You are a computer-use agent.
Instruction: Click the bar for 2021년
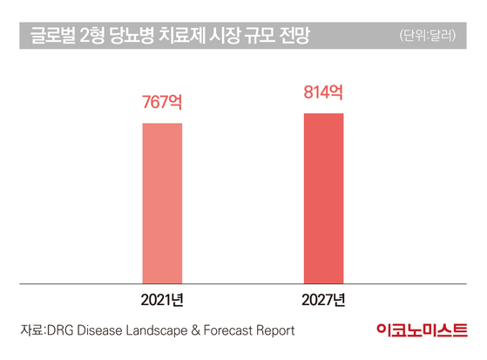(162, 203)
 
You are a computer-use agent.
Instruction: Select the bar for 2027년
(323, 199)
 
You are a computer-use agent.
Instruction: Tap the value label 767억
(162, 102)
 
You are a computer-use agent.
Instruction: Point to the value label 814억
(323, 92)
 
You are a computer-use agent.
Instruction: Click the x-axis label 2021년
(162, 300)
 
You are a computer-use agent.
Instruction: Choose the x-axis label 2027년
(323, 300)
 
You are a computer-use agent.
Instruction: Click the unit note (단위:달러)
(428, 36)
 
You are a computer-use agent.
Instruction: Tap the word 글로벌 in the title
(53, 35)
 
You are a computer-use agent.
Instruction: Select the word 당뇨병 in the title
(132, 35)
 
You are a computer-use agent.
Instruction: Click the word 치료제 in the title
(181, 35)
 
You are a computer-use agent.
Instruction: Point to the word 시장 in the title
(224, 35)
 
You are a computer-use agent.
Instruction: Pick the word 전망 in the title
(294, 35)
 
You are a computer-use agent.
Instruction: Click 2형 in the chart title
(92, 35)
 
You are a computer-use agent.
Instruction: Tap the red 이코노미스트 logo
(422, 329)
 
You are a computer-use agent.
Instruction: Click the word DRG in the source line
(60, 330)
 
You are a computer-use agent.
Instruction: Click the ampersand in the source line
(196, 330)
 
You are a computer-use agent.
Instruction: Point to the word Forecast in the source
(228, 330)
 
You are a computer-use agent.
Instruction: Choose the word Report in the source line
(276, 330)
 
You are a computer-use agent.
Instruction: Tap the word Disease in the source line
(99, 330)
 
